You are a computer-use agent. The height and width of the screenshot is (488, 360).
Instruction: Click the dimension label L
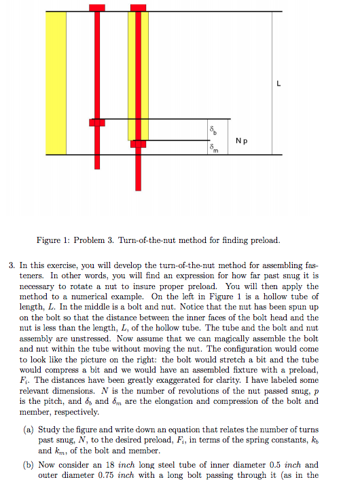tap(278, 84)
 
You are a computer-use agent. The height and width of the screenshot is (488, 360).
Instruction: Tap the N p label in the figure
tap(241, 141)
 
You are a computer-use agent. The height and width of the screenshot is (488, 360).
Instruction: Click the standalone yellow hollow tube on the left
tap(56, 83)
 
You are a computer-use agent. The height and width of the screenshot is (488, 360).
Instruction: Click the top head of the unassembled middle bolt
tap(97, 7)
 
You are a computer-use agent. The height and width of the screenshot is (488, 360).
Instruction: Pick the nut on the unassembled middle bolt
tap(97, 122)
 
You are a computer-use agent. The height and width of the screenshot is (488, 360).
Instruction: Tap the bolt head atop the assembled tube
tap(138, 7)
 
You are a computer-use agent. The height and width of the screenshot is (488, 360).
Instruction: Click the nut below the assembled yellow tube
tap(138, 143)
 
